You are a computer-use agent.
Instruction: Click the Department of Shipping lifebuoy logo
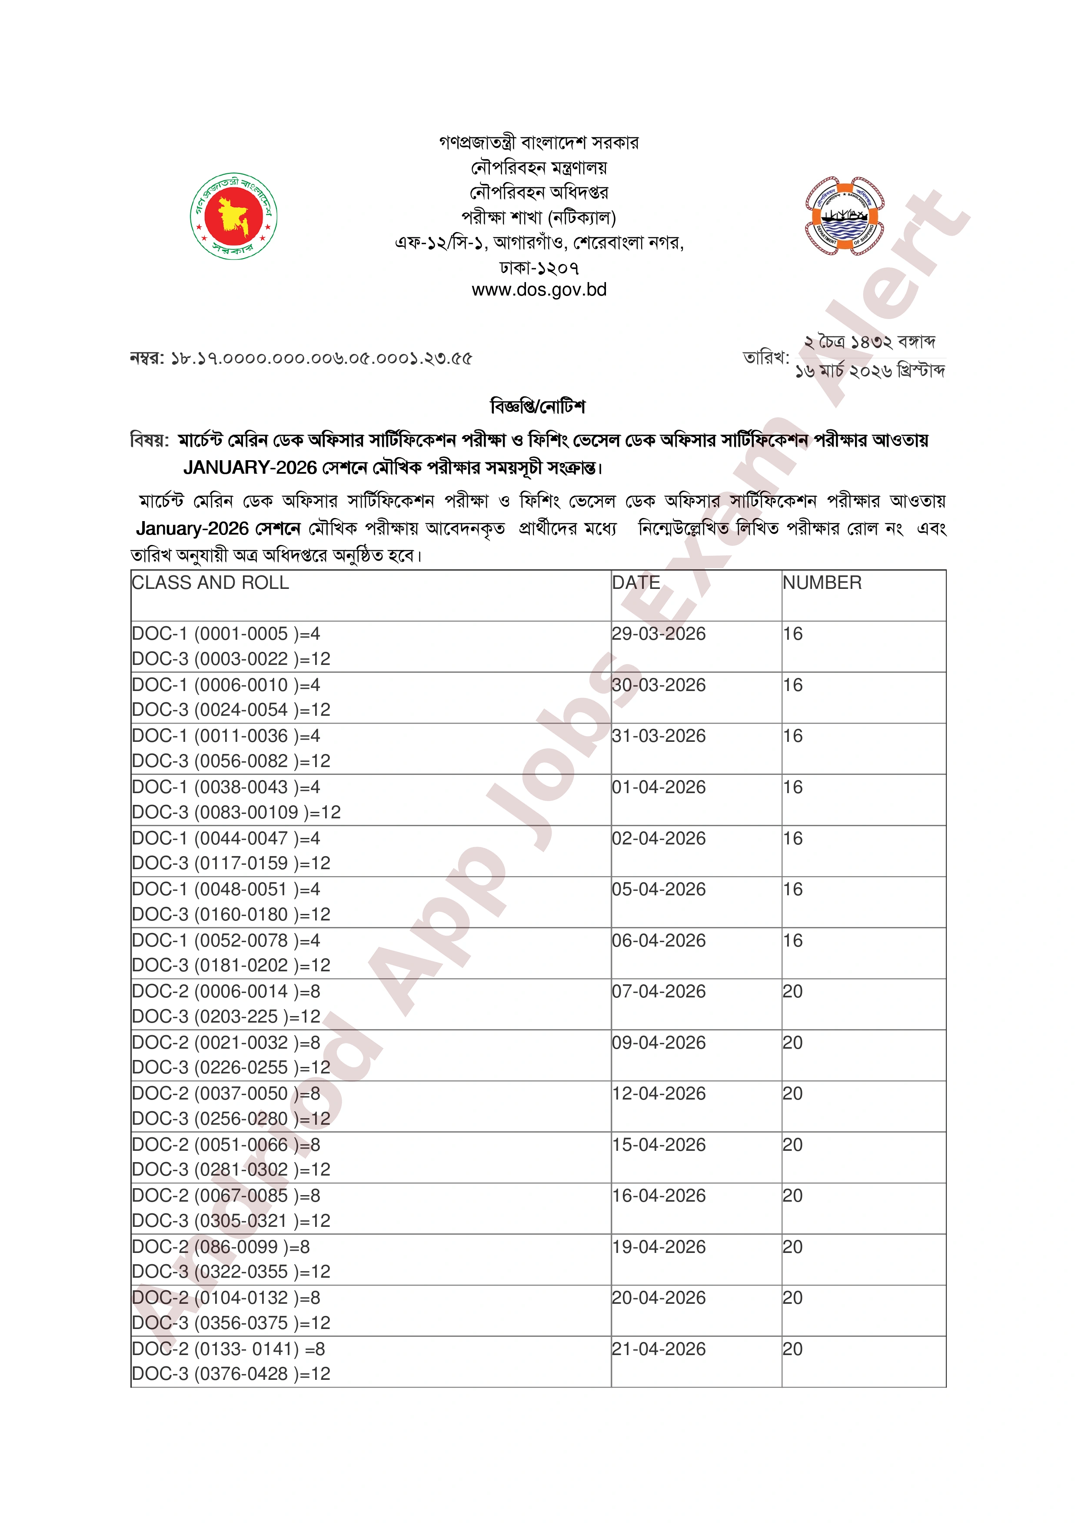tap(844, 216)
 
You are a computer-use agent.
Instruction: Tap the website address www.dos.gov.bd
tap(539, 289)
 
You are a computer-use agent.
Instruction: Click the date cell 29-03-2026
tap(658, 634)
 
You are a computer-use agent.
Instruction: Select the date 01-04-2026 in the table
tap(658, 787)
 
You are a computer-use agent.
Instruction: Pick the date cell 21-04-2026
tap(658, 1349)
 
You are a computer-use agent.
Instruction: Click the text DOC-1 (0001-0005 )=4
tap(226, 634)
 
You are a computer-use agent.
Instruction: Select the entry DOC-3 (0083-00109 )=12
tap(236, 812)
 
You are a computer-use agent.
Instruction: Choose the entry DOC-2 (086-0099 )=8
tap(220, 1247)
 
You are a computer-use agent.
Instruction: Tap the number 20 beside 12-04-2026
tap(792, 1093)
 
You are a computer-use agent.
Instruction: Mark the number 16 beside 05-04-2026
tap(792, 889)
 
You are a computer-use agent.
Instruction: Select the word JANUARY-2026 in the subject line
tap(250, 468)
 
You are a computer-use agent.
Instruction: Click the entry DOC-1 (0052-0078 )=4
tap(226, 940)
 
